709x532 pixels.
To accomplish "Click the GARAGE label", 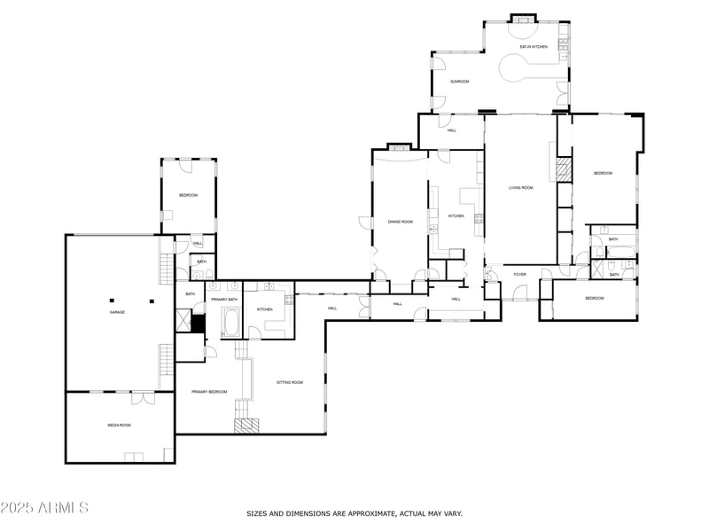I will click(x=116, y=312).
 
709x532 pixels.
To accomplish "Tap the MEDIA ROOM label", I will click(x=120, y=426).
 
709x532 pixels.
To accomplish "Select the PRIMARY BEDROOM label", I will click(x=209, y=391).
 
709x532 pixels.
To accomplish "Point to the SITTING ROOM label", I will click(x=290, y=382).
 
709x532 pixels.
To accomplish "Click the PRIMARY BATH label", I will click(x=224, y=300).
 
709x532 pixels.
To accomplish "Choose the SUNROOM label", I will click(x=459, y=82).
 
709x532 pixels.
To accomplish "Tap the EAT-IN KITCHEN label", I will click(x=534, y=46).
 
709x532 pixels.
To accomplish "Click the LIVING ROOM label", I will click(x=520, y=187).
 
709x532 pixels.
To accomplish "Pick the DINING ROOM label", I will click(x=401, y=222).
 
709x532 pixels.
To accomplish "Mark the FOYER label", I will click(x=520, y=274).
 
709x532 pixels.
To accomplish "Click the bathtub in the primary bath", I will click(x=230, y=323).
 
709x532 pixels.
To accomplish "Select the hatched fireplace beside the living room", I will click(x=562, y=169).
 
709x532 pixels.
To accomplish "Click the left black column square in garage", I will click(x=113, y=300).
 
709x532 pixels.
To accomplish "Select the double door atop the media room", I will click(x=143, y=396).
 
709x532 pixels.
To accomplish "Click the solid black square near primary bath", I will click(x=199, y=323).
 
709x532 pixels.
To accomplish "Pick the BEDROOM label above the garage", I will click(x=188, y=195).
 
